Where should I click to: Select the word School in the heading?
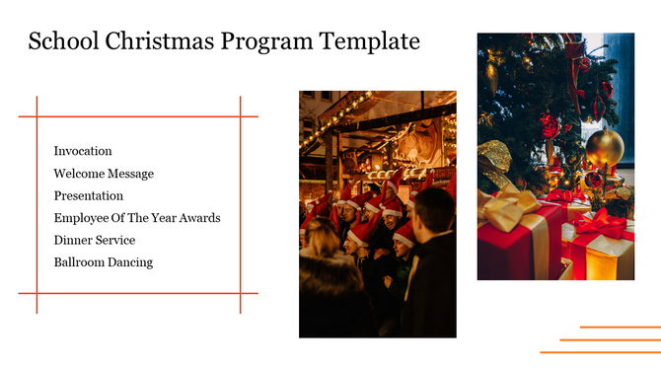[x=60, y=41]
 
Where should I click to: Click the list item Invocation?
[x=83, y=151]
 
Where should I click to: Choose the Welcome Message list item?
[x=104, y=174]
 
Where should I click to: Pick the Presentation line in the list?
[x=89, y=195]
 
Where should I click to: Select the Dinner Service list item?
[x=95, y=240]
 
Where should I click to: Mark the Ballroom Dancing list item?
[x=104, y=262]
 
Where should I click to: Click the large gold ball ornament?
[x=605, y=148]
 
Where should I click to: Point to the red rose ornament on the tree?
[x=550, y=125]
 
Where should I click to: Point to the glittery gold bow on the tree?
[x=494, y=157]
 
